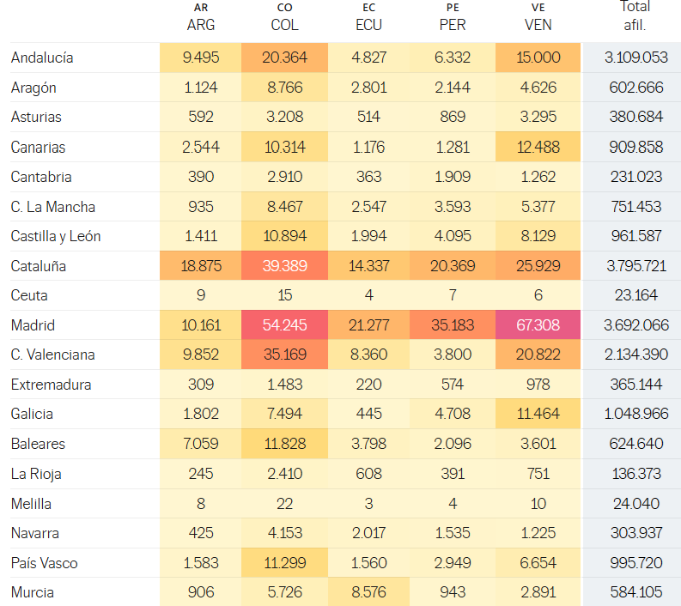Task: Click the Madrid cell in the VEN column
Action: [538, 325]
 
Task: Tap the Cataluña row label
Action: [39, 266]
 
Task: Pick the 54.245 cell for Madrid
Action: [284, 325]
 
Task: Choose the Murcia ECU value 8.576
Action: [368, 592]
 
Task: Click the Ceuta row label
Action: [29, 295]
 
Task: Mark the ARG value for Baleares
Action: [200, 444]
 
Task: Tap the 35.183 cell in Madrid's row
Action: [453, 325]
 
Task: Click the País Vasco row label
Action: [44, 563]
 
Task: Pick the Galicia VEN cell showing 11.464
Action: [538, 414]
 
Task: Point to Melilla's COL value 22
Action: [284, 503]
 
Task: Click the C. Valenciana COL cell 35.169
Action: [284, 355]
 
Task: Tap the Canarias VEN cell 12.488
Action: [538, 147]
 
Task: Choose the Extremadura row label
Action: [51, 385]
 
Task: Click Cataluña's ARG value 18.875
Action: [200, 266]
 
